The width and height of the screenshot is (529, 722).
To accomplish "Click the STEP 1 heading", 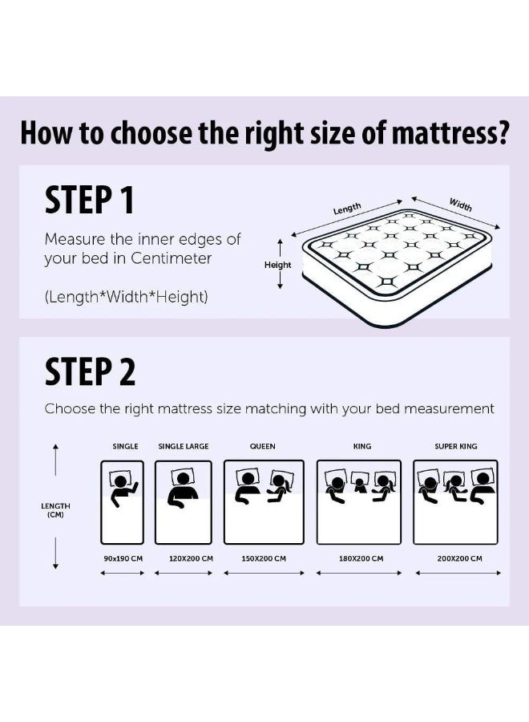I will [x=89, y=200].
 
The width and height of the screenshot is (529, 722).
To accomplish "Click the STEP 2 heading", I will [x=90, y=371].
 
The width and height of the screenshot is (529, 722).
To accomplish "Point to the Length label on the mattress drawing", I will [x=347, y=209].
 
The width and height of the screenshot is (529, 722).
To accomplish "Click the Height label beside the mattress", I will [x=278, y=265].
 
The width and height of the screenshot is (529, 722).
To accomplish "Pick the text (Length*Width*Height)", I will [x=126, y=297].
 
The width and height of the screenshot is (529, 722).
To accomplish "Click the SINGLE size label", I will [x=125, y=446].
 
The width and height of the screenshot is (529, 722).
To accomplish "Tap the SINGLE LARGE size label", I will [x=183, y=446].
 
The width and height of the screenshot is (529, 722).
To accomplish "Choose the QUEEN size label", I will [x=263, y=446].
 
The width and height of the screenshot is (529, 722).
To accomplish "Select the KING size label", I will [x=362, y=446].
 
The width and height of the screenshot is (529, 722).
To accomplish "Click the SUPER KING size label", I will [x=455, y=446].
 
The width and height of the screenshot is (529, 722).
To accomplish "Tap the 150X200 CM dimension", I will [x=264, y=558].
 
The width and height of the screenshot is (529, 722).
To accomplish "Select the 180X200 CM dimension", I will [x=361, y=558].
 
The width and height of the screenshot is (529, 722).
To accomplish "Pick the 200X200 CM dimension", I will [x=459, y=558].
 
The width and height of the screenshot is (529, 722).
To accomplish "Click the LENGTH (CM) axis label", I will [x=55, y=510].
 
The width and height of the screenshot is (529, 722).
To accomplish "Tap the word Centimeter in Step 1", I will [x=173, y=258].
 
